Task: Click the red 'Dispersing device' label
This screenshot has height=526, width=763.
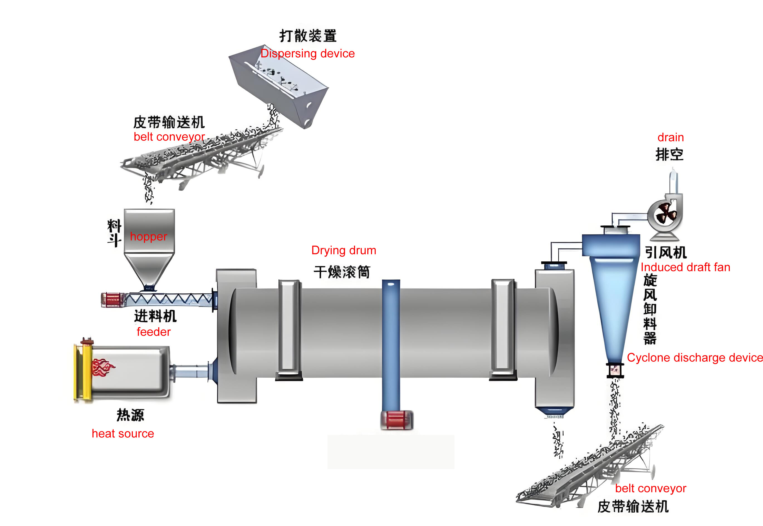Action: point(307,54)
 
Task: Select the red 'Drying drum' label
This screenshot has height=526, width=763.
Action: point(343,250)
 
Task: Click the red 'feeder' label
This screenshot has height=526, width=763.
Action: point(153,332)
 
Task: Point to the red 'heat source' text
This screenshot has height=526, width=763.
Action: point(123,434)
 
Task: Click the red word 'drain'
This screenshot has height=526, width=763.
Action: point(671,137)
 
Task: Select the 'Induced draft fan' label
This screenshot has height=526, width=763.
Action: point(685,267)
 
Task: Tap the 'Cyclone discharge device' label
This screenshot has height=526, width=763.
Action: point(694,358)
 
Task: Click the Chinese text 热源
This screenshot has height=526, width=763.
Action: point(130,415)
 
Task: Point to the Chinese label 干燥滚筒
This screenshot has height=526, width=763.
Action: point(342,272)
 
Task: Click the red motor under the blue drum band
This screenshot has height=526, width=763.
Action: point(397,420)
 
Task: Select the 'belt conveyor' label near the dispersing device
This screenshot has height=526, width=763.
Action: point(169,137)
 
